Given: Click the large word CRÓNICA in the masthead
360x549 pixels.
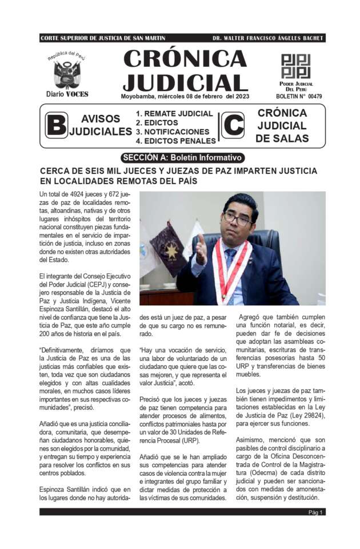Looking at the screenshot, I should coord(185,58).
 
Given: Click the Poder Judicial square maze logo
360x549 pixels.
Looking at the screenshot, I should coord(295,66).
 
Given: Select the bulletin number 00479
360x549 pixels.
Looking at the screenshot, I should coord(314,97).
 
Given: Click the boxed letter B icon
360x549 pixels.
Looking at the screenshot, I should coord(56,125).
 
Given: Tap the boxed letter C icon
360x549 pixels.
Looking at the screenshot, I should coord(232,125).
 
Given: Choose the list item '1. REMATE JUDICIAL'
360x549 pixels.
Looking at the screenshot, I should coord(171,114).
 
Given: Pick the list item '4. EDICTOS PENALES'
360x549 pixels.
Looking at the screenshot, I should coord(175,141).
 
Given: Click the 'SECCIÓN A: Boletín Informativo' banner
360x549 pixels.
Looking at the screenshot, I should coord(182,158).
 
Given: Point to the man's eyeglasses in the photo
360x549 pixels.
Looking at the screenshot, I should coord(238,220).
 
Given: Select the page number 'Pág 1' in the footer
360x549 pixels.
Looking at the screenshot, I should coord(316,512).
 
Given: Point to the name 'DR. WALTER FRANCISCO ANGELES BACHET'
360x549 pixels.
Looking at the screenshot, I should coord(268,38).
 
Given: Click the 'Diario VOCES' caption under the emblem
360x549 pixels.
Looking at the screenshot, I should coord(67,94).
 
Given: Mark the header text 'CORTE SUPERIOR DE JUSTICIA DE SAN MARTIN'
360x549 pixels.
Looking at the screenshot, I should coord(103,38).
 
